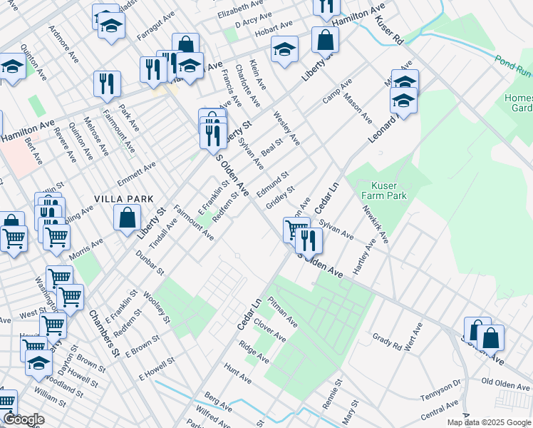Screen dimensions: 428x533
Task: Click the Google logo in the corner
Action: [24, 419]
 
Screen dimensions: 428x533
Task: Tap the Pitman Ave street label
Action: [282, 312]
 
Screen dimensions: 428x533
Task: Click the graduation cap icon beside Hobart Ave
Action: [284, 50]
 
